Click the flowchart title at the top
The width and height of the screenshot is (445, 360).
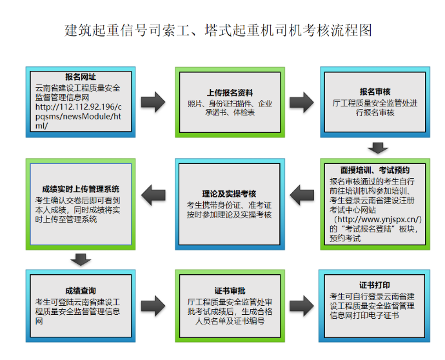tap(219, 30)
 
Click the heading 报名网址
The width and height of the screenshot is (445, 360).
tap(81, 77)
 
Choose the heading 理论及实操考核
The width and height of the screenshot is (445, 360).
tap(229, 194)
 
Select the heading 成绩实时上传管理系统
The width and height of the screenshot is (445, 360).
tap(81, 189)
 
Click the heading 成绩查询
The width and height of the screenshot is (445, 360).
tap(81, 291)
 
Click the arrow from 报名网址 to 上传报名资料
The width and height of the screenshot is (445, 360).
tap(153, 102)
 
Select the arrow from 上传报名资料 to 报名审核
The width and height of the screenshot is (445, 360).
tap(301, 102)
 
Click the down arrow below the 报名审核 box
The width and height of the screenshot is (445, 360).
tap(376, 148)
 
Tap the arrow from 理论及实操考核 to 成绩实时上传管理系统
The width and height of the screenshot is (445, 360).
tap(153, 192)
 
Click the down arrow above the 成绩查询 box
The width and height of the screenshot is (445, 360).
tap(81, 259)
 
